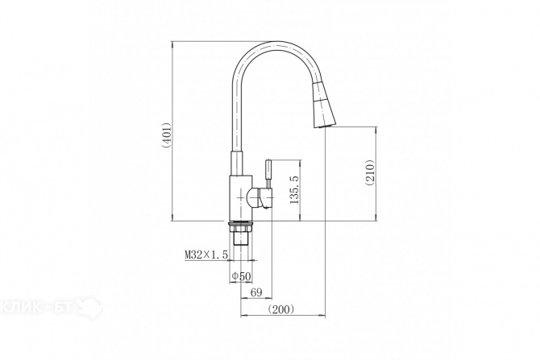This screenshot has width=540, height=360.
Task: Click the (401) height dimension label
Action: pos(166,135)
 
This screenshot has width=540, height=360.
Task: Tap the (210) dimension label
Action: pos(369,173)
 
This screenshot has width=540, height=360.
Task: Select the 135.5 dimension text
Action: pos(295,189)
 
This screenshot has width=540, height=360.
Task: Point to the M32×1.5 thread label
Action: pos(206,255)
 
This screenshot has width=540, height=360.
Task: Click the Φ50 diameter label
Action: pos(242,275)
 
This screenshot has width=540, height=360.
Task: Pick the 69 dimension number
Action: pos(256,292)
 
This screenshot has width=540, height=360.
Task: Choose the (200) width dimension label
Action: pos(281,309)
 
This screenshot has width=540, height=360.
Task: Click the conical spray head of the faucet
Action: pos(323,106)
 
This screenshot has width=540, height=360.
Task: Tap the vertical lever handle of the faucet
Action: pos(268,174)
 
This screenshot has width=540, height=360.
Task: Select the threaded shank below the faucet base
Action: pos(242,238)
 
